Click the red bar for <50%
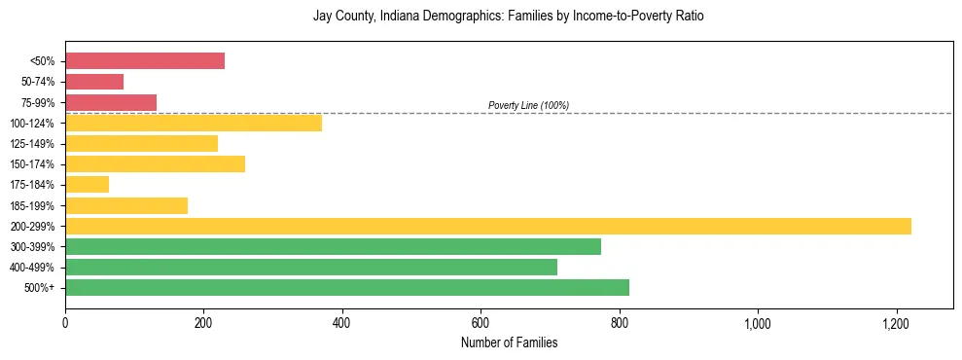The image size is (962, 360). [145, 61]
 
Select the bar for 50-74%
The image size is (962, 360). [94, 82]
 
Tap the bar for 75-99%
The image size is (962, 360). [111, 102]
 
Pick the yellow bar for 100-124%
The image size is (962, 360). [194, 123]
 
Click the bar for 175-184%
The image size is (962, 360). [87, 185]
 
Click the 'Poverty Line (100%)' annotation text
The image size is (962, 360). [528, 105]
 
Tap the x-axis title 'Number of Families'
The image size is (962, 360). [509, 342]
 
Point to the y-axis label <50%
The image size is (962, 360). [42, 61]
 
